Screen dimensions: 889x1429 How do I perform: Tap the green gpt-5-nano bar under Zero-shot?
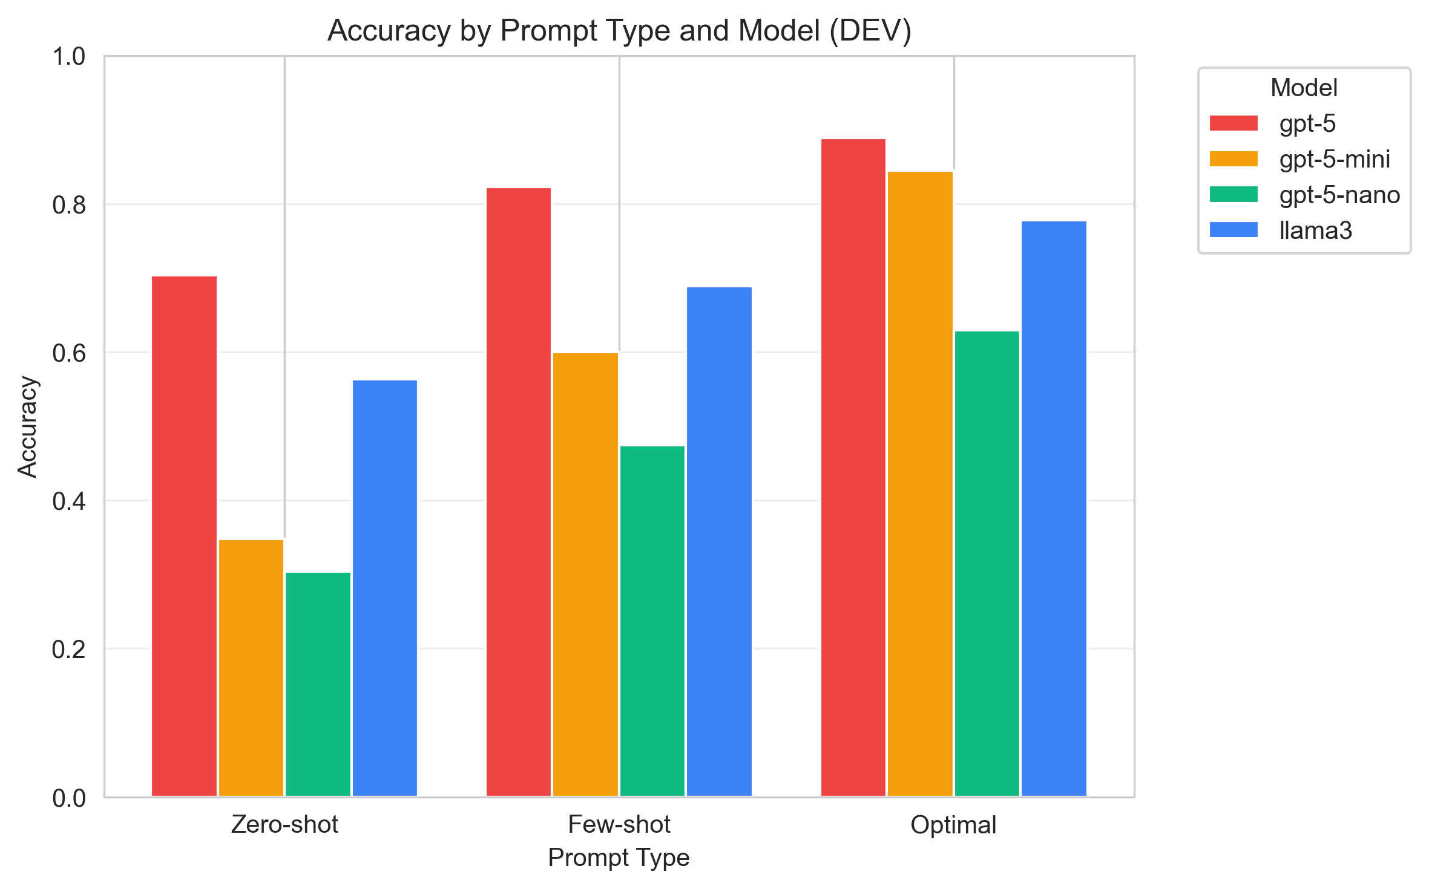(318, 684)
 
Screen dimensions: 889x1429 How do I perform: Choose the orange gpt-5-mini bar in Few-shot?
(585, 574)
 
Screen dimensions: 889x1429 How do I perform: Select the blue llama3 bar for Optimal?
(1054, 509)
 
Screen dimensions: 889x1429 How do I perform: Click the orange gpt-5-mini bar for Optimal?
(920, 484)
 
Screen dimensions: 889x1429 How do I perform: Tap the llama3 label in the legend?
(1315, 230)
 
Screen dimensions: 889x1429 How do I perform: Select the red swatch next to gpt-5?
(1234, 123)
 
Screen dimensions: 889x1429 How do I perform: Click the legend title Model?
(1304, 88)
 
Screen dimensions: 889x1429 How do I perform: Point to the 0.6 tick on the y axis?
(69, 353)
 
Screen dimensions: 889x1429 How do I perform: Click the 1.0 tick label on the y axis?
(69, 57)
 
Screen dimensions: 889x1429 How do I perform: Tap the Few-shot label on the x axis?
(619, 825)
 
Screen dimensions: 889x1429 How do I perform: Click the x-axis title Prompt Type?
(619, 858)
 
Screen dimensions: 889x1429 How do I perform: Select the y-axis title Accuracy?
(27, 427)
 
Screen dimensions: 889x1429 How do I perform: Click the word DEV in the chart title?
(870, 30)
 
